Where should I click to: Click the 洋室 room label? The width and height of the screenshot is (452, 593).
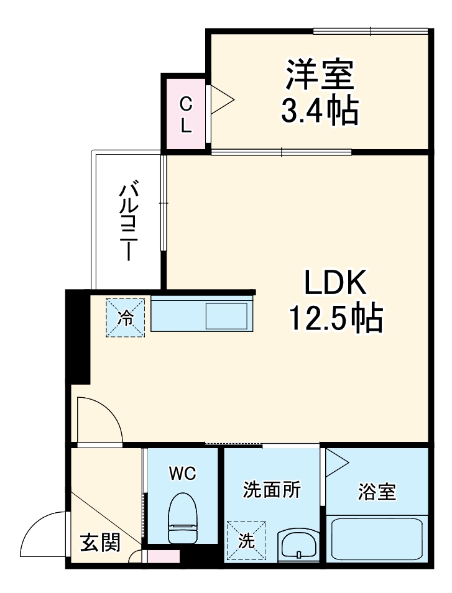(320, 75)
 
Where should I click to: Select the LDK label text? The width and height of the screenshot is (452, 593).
(336, 285)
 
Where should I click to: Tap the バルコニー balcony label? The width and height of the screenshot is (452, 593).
(129, 221)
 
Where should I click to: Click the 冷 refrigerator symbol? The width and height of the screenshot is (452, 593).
(126, 318)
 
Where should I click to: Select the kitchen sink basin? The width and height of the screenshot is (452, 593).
(226, 317)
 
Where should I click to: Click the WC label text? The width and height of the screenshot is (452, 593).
(182, 474)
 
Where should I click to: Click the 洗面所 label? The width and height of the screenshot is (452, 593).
(271, 490)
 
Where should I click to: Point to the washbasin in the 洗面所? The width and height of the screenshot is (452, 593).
(299, 545)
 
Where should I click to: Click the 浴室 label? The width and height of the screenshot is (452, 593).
(377, 492)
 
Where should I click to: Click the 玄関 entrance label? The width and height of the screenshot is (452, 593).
(99, 543)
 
